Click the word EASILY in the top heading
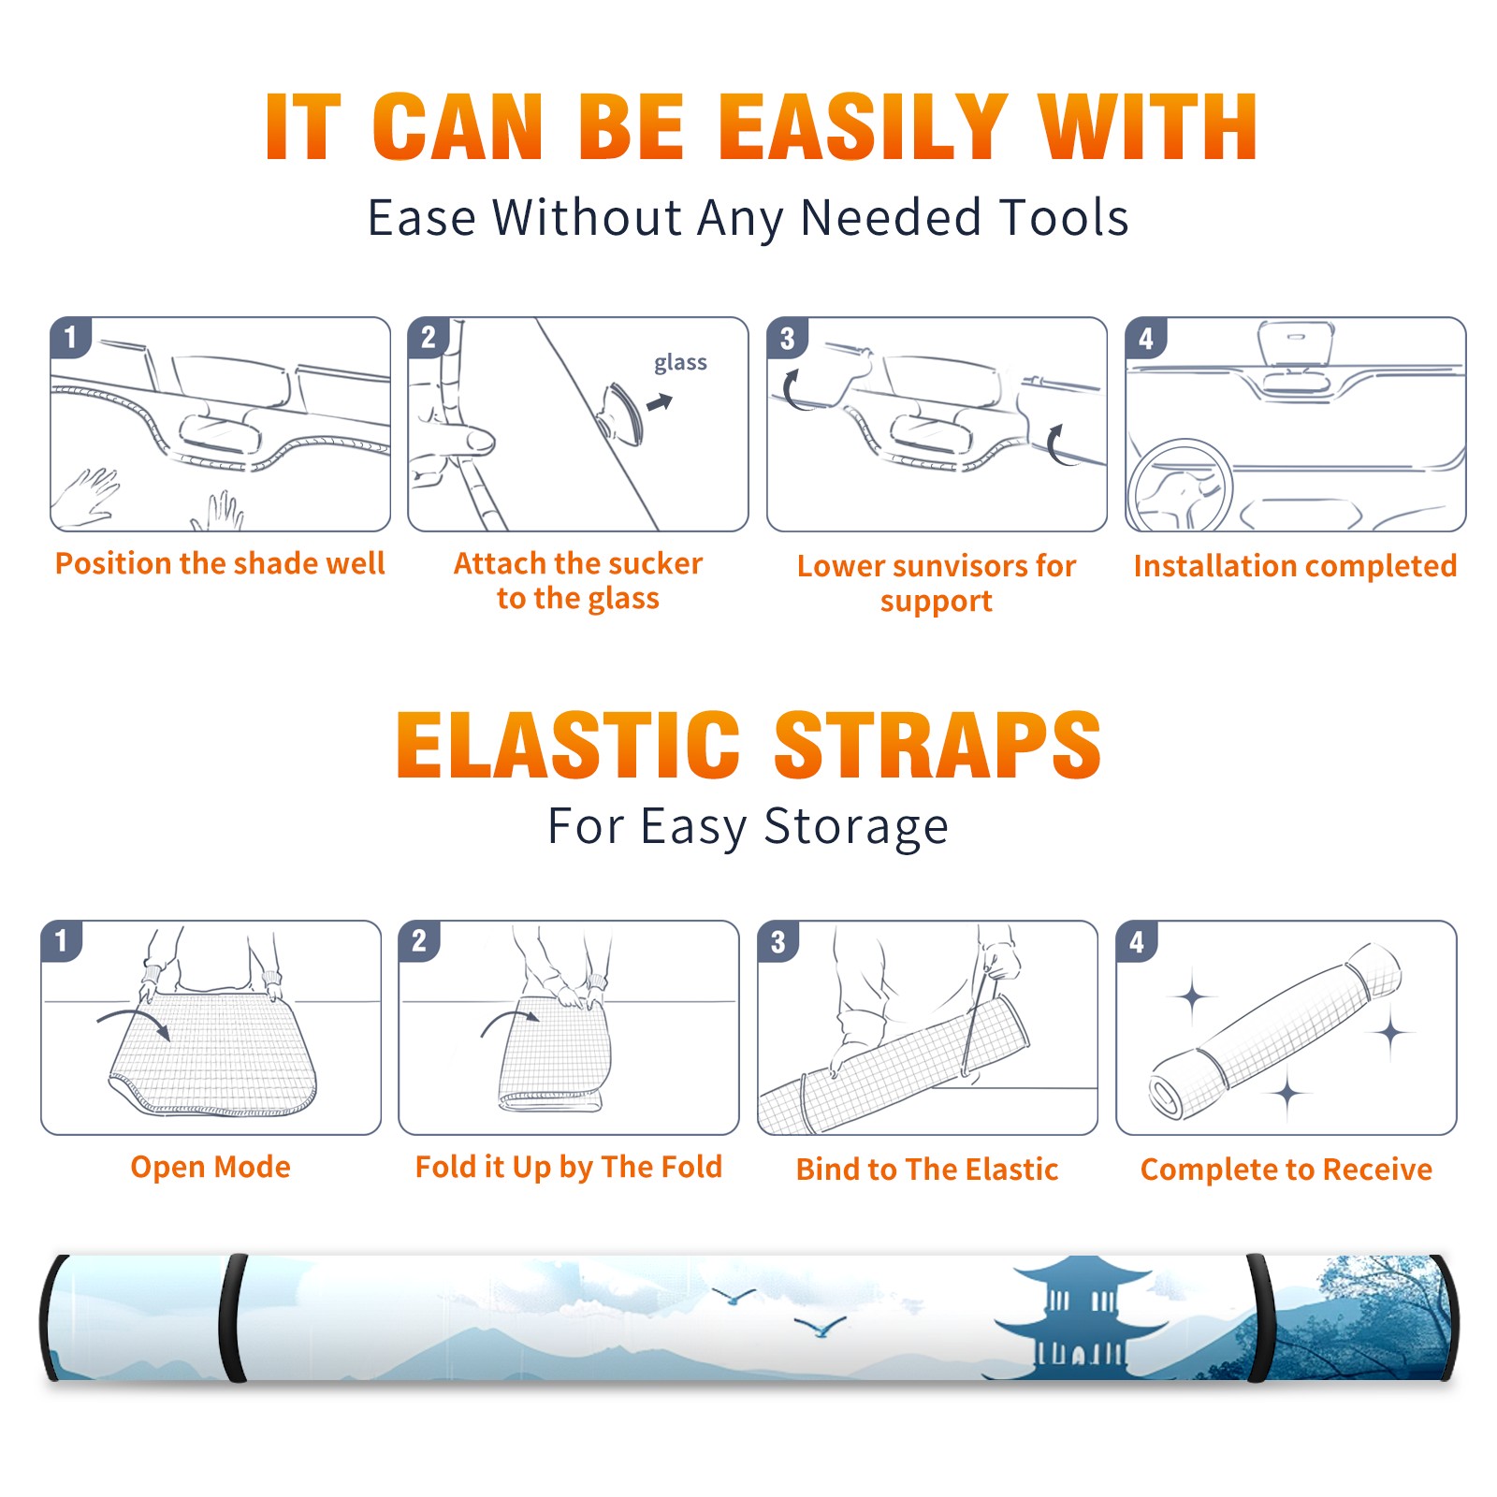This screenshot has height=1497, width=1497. pos(864,127)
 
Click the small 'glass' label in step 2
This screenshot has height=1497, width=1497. pos(680,363)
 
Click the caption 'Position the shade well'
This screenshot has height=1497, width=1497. pos(220,563)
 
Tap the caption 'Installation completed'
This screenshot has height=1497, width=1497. pos(1295,566)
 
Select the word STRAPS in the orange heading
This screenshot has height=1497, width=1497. pos(937,745)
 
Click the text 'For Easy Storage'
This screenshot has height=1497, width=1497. pos(748,826)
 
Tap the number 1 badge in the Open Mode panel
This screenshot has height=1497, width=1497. pos(62,940)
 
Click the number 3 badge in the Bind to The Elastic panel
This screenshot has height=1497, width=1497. pos(778,941)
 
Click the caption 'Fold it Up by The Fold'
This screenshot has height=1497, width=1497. pos(569,1168)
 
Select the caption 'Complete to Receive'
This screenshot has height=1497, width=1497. pos(1286,1170)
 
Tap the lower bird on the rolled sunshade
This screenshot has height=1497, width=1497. pos(820,1327)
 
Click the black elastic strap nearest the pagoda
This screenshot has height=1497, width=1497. pos(1259,1319)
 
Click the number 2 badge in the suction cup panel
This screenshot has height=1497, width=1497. pos(429,338)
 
